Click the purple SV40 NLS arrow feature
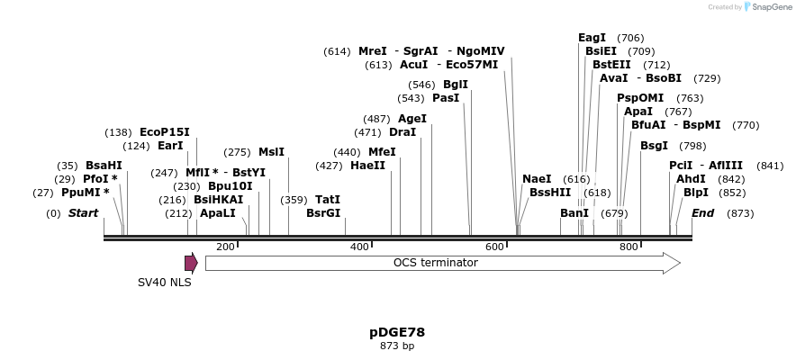pos(191,263)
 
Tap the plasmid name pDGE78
pos(397,332)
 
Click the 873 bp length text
pos(397,346)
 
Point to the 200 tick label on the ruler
pos(225,247)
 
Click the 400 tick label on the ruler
pos(359,247)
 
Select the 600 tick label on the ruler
pos(494,247)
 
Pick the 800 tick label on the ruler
pos(629,247)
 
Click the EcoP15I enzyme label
pos(164,131)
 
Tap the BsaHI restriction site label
pos(104,166)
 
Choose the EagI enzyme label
pos(592,38)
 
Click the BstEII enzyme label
pos(611,65)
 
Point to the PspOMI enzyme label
pos(640,98)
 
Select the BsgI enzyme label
pos(655,146)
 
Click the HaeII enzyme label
pos(367,166)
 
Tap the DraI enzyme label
pos(403,131)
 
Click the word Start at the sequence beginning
pos(83,213)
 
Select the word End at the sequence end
pos(702,213)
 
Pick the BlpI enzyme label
pos(696,193)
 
